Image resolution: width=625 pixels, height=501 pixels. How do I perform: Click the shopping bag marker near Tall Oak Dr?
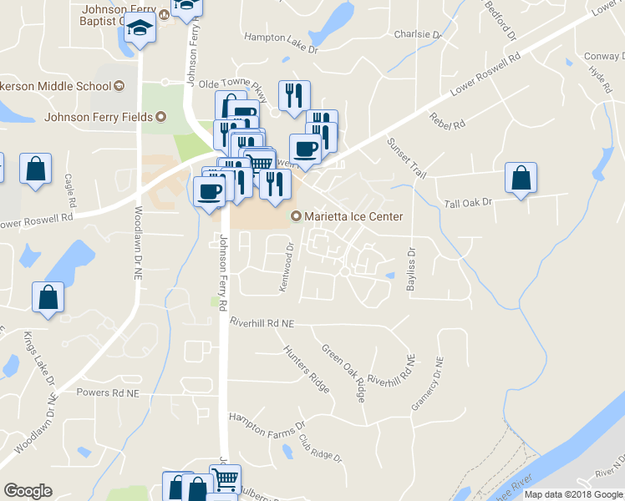coord(521,177)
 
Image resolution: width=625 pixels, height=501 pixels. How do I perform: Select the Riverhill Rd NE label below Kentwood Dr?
coord(263,321)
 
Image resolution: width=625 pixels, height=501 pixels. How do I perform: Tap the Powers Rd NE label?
coord(104,392)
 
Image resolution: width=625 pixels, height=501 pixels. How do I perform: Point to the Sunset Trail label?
coord(406,158)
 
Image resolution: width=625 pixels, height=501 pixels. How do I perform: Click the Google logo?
coord(28,491)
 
